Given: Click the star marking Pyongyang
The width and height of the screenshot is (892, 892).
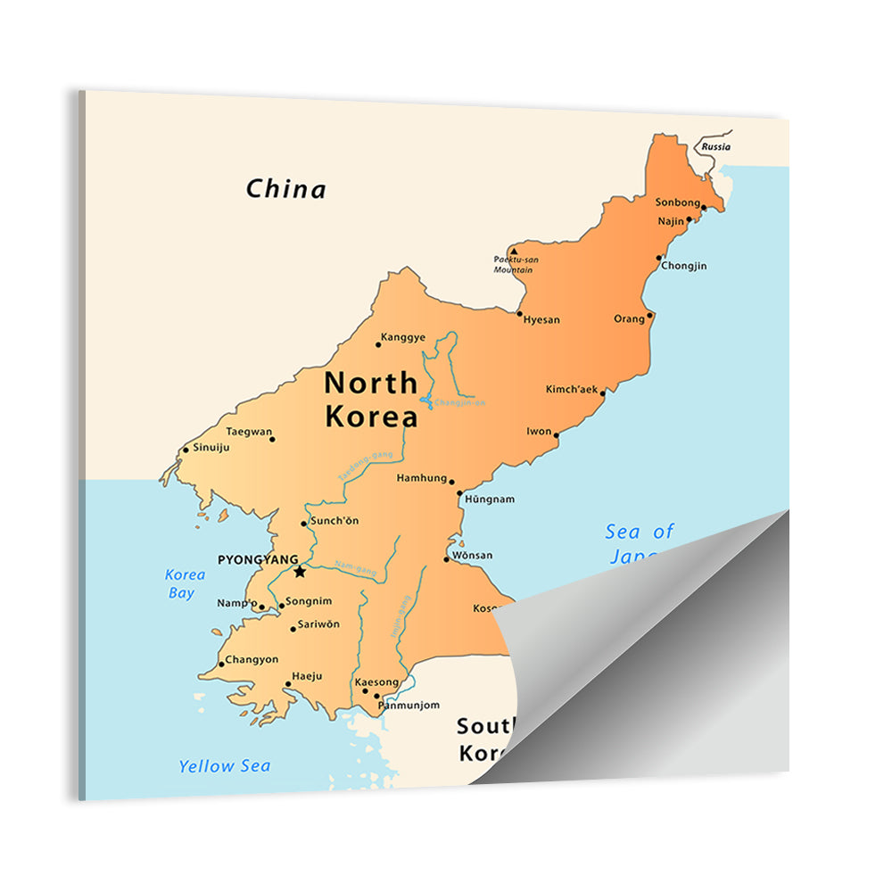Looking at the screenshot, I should tap(300, 572).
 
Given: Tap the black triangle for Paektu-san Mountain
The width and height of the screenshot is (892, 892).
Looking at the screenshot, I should tap(514, 252).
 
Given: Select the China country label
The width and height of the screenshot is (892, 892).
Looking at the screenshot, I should tap(286, 189).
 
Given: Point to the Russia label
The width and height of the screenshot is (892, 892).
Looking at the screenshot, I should tap(715, 146).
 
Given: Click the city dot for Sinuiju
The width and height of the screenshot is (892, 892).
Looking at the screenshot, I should tap(186, 449).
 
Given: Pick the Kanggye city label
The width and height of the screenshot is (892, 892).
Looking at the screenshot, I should tap(403, 337).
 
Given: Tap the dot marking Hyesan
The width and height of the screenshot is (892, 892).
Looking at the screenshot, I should tap(519, 313).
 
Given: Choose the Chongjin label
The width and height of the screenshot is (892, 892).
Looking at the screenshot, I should tap(684, 266).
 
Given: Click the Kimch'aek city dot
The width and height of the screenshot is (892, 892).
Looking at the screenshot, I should tap(603, 392).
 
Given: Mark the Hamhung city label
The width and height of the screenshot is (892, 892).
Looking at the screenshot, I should tap(421, 478).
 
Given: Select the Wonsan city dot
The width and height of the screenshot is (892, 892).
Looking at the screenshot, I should tap(446, 559).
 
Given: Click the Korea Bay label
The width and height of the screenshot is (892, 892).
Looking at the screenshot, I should tap(186, 583).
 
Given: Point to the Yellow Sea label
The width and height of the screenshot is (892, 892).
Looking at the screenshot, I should tap(224, 765).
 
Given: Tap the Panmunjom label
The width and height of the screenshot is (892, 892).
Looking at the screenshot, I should tap(409, 705).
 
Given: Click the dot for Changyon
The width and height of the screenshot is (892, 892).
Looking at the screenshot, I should tap(221, 664).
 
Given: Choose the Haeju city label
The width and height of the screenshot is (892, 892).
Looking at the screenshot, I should tap(307, 677).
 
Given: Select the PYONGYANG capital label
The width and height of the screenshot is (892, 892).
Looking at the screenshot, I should tap(258, 559).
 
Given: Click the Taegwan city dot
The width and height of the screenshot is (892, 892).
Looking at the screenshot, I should tap(272, 439).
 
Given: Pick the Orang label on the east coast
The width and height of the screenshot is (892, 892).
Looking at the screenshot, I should tap(629, 318).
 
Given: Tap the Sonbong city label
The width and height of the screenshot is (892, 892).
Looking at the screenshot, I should tap(678, 202).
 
